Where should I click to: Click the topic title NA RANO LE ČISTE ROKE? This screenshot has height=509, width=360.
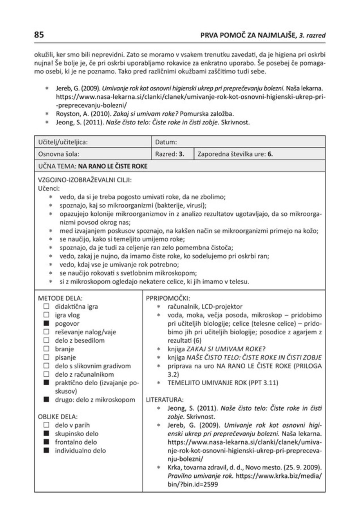coord(112,166)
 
